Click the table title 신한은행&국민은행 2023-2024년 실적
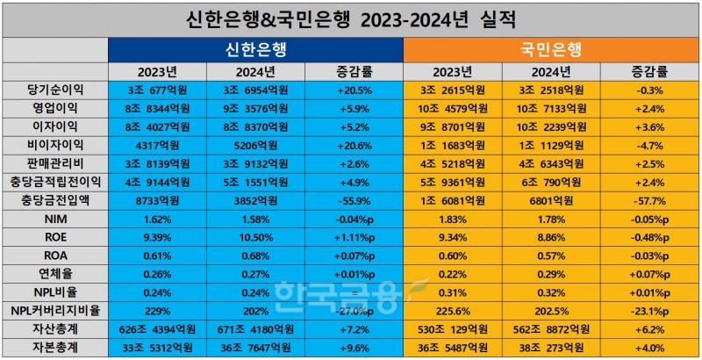coord(351,18)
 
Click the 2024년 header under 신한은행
coord(255,72)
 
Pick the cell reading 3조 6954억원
coord(255,90)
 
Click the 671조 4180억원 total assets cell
coord(255,329)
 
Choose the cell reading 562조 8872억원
coord(550,329)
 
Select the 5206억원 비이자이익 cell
coord(255,146)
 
